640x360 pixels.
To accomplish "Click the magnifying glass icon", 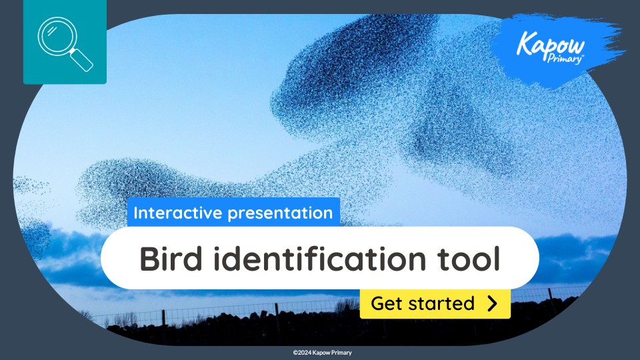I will click(x=65, y=43).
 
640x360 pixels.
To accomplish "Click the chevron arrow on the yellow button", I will click(x=492, y=304).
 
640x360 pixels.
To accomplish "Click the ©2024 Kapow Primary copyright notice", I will click(x=322, y=353).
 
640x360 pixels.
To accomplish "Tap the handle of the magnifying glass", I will click(x=81, y=61).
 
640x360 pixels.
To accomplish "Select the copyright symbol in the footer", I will click(x=295, y=353).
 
